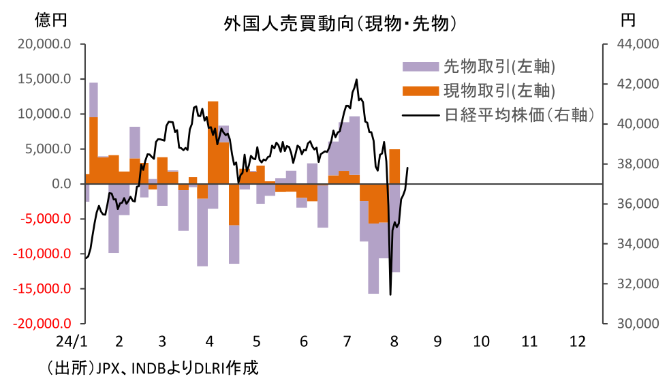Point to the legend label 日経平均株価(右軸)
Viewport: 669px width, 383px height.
[519, 114]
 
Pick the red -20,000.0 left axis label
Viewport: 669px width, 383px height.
[42, 324]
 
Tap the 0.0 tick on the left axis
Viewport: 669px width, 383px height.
[60, 184]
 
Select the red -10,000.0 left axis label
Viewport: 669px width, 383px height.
[42, 254]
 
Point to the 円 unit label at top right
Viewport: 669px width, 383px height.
[627, 20]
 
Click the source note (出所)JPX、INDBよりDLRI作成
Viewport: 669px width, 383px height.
[153, 369]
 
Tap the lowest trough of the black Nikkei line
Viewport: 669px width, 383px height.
[390, 294]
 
